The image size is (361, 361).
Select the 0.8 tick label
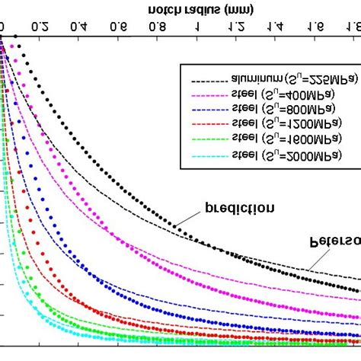tap(157, 27)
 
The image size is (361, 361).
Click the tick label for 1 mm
tap(199, 27)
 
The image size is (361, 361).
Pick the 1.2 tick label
tap(236, 27)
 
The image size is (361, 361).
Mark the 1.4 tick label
tap(276, 27)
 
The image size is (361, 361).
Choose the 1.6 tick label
tap(315, 27)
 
